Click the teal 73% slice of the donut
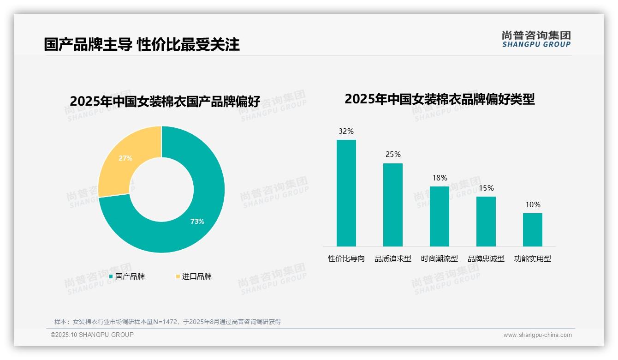[203, 217]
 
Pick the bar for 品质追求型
[393, 205]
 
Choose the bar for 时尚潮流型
[440, 216]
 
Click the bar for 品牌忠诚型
[486, 222]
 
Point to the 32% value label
[346, 132]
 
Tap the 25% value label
[393, 155]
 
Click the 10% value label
[533, 205]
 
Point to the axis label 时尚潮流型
[440, 259]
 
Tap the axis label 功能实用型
[533, 259]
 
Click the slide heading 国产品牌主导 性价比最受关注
[142, 44]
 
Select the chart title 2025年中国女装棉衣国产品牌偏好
[165, 101]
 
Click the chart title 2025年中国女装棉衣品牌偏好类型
[440, 99]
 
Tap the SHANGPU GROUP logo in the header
[536, 39]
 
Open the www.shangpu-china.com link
[537, 335]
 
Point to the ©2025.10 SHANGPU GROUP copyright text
[92, 335]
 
